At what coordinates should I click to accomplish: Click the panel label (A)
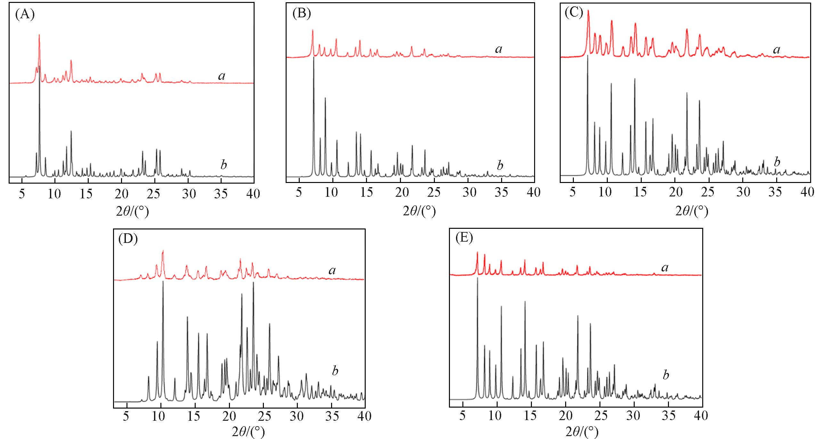[x=25, y=15]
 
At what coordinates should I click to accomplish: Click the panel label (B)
[x=302, y=14]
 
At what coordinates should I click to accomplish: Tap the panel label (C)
[x=574, y=13]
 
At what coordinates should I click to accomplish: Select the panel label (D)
[x=128, y=239]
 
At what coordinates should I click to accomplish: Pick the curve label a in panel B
[x=499, y=49]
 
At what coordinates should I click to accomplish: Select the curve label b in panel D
[x=335, y=371]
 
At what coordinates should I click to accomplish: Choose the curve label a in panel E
[x=665, y=267]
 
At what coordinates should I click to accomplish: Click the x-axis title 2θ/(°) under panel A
[x=132, y=211]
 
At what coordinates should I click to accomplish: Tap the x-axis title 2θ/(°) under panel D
[x=248, y=432]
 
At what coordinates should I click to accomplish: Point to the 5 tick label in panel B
[x=299, y=192]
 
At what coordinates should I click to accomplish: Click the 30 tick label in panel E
[x=633, y=416]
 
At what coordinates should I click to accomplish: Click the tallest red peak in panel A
[x=39, y=35]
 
